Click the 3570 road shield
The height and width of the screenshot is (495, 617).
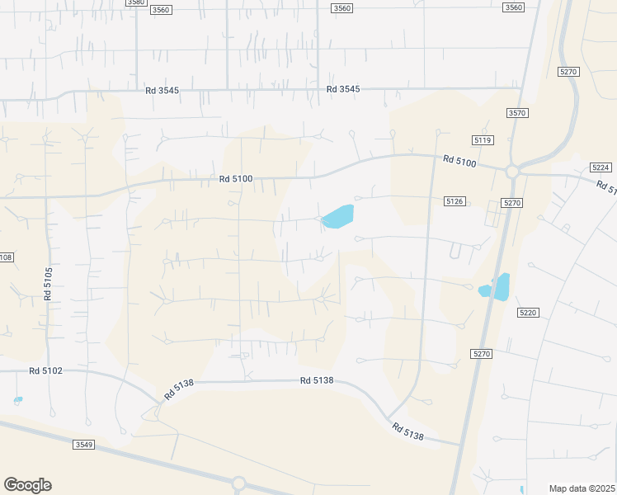click(517, 113)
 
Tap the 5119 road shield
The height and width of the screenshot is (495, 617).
click(483, 140)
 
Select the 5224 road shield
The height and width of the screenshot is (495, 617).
click(601, 167)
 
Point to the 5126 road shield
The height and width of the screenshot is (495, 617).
click(455, 201)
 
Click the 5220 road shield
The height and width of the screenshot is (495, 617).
click(528, 313)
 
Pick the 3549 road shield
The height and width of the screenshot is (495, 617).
click(83, 445)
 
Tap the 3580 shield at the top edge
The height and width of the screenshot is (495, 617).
click(136, 2)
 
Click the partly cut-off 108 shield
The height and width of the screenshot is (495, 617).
click(6, 257)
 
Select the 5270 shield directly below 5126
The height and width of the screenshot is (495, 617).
click(512, 202)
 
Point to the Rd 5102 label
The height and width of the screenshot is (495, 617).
click(45, 370)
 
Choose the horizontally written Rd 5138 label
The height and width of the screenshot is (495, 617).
click(317, 380)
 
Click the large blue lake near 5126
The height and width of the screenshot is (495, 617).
click(338, 216)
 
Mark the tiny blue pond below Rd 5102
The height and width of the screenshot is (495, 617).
click(18, 400)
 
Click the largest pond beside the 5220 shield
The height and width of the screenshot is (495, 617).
click(501, 286)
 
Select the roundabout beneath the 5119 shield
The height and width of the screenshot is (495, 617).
click(512, 172)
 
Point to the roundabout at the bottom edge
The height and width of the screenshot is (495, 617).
click(239, 483)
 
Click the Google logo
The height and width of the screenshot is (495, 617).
click(27, 485)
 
